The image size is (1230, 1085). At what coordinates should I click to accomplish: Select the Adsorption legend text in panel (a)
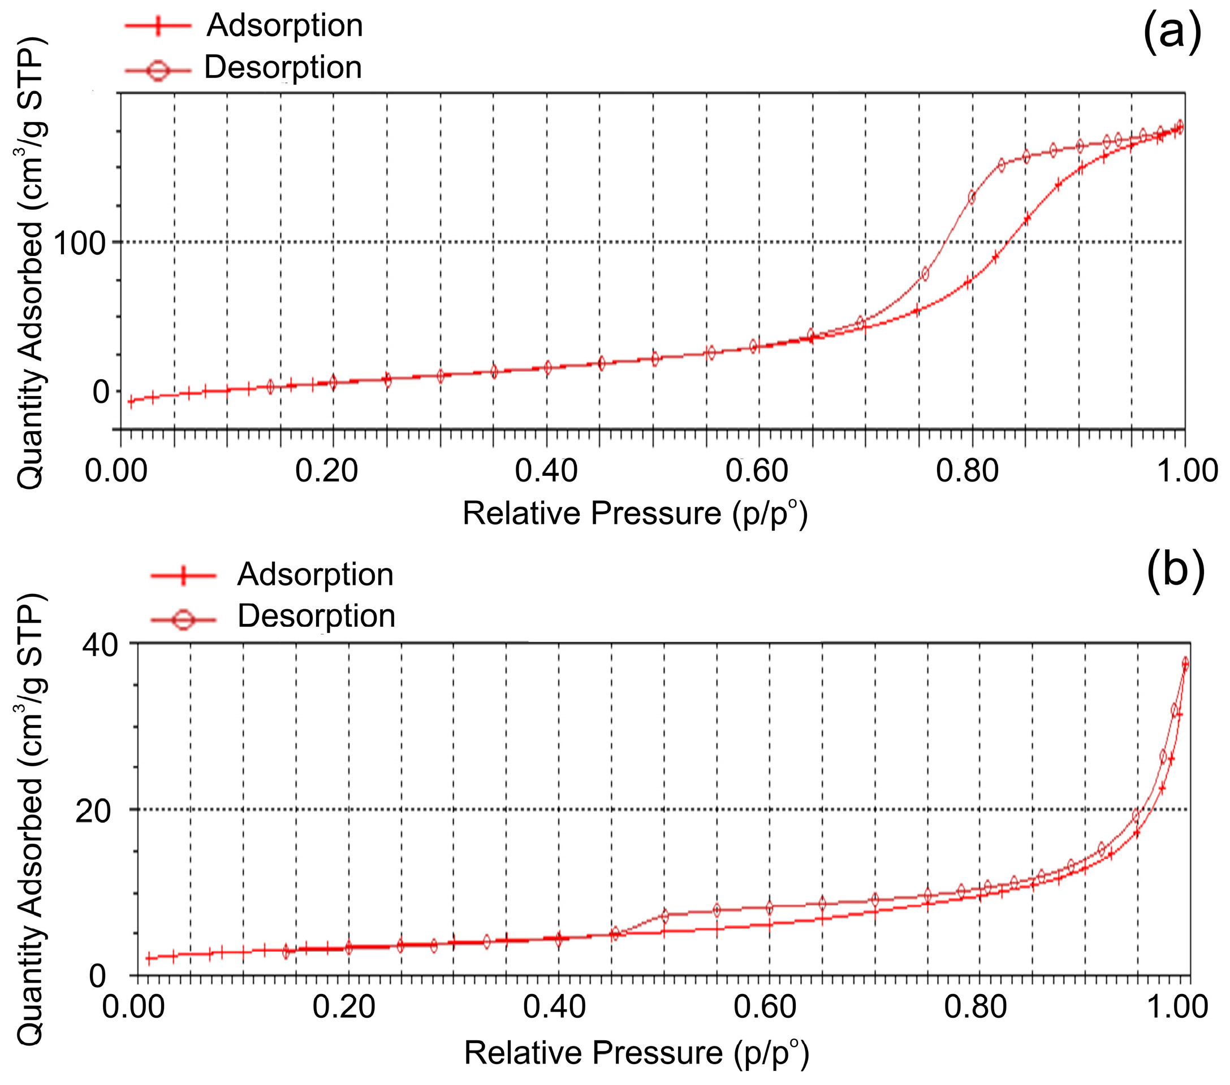(284, 26)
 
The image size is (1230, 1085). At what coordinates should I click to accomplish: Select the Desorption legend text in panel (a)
(283, 67)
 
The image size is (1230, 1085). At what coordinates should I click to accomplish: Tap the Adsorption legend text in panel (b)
(316, 574)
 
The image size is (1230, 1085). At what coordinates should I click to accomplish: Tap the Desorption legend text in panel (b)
(316, 616)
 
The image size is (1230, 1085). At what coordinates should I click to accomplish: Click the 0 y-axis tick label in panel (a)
(101, 392)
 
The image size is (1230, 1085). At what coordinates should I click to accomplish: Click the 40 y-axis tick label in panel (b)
(100, 645)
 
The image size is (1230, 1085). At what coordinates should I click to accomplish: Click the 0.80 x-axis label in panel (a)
(967, 470)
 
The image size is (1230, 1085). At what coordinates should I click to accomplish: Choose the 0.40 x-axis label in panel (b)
(554, 1007)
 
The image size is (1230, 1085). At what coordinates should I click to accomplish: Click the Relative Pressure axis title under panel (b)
(636, 1053)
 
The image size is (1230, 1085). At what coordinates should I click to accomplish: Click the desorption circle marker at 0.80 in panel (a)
(971, 197)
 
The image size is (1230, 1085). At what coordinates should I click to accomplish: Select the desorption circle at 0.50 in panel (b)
(665, 917)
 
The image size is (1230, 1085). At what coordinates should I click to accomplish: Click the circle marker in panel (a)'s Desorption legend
(158, 71)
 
